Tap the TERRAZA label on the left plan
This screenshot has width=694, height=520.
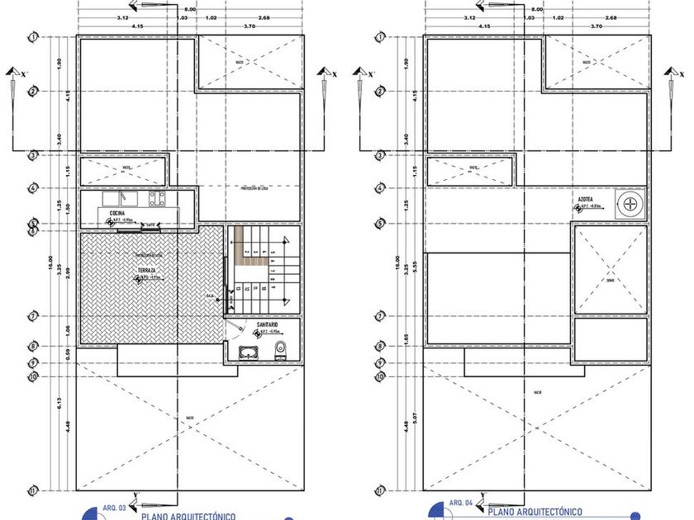point(149,270)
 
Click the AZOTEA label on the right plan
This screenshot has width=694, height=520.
point(585,199)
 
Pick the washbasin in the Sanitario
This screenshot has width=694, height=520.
point(248,353)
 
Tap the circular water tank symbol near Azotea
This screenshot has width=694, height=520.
point(630,201)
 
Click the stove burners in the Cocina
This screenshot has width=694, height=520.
point(154,198)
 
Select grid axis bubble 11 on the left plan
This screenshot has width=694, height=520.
point(33,489)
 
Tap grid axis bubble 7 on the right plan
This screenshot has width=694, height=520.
point(381,315)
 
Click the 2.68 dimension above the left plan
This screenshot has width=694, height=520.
point(264,17)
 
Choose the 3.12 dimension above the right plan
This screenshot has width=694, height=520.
point(469,17)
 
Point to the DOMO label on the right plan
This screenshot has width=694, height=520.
point(610,280)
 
